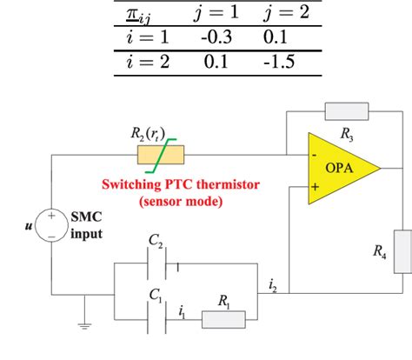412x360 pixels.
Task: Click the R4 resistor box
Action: coord(402,251)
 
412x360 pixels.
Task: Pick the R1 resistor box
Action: coord(226,318)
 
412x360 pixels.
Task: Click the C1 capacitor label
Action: coord(156,297)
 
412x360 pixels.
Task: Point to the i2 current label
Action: coord(274,283)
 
